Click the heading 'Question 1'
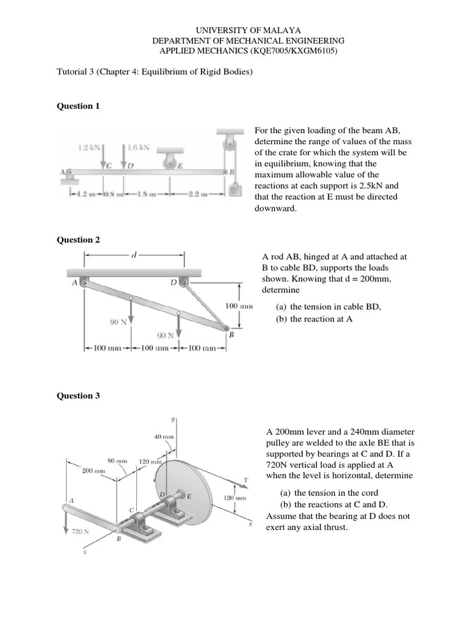[x=78, y=106]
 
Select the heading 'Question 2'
[x=78, y=240]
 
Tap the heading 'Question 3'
[x=78, y=396]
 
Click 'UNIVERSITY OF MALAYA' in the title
[x=248, y=30]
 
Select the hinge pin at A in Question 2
[x=83, y=282]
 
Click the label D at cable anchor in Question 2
[x=173, y=282]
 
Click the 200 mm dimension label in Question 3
[x=94, y=471]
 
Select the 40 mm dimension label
[x=164, y=436]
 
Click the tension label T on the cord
[x=245, y=479]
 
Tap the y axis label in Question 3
[x=173, y=419]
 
